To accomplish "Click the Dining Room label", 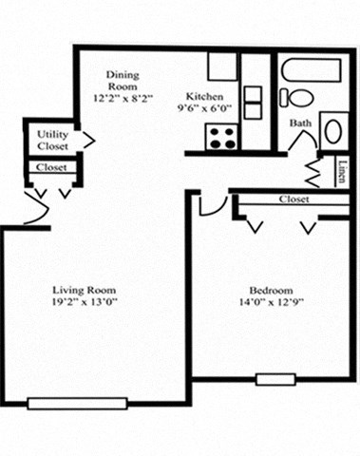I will (x=124, y=82).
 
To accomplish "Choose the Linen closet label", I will (x=341, y=171).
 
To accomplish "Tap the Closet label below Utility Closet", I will (x=50, y=167).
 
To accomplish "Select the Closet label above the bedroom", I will (x=294, y=199).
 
